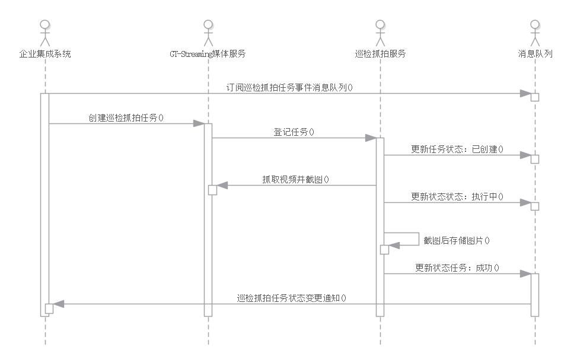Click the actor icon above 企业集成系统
(x=45, y=33)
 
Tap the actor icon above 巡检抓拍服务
(x=380, y=33)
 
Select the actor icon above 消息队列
(x=535, y=33)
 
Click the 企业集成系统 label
(x=45, y=54)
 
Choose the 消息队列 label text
(x=535, y=54)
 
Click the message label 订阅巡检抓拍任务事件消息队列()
(x=290, y=87)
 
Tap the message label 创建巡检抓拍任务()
(x=126, y=117)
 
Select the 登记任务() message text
(x=294, y=132)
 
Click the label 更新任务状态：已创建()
(x=457, y=149)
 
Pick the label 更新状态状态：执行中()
(x=457, y=196)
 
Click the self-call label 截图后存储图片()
(x=457, y=240)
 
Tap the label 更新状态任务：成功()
(x=457, y=267)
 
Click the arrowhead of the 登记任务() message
(x=371, y=138)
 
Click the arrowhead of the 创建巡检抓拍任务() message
(x=199, y=123)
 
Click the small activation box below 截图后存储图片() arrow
(x=384, y=250)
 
